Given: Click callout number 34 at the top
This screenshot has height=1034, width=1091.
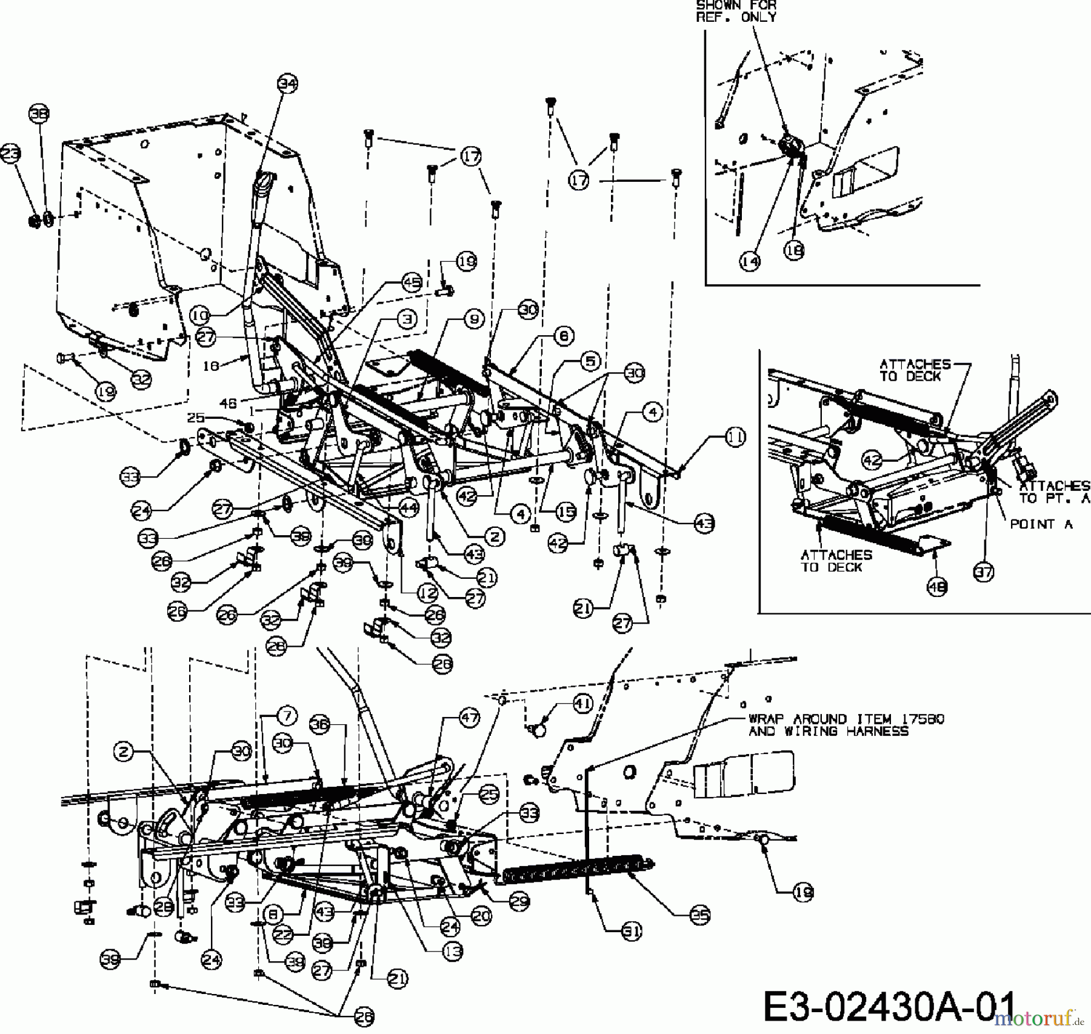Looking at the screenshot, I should click(x=288, y=83).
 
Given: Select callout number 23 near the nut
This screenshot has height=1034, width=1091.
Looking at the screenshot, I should click(x=11, y=156).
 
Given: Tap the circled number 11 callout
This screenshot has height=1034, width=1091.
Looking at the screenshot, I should click(x=735, y=437).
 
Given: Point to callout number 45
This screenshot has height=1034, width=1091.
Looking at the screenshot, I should click(x=412, y=283).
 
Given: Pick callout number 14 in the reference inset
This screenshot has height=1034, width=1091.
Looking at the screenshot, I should click(x=750, y=261).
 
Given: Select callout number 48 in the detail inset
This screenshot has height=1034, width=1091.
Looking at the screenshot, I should click(x=937, y=586).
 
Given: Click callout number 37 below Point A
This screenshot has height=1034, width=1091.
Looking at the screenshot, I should click(x=984, y=571).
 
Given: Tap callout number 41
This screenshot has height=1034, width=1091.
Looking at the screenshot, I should click(x=582, y=704).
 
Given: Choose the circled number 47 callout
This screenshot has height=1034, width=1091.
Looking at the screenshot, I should click(x=470, y=718).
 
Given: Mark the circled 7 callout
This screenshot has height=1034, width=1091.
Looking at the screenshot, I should click(x=287, y=716).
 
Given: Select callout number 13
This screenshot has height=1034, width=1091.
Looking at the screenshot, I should click(x=452, y=951).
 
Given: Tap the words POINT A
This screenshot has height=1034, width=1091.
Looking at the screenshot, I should click(x=1041, y=524).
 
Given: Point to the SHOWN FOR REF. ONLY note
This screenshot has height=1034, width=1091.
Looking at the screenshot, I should click(x=736, y=11).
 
